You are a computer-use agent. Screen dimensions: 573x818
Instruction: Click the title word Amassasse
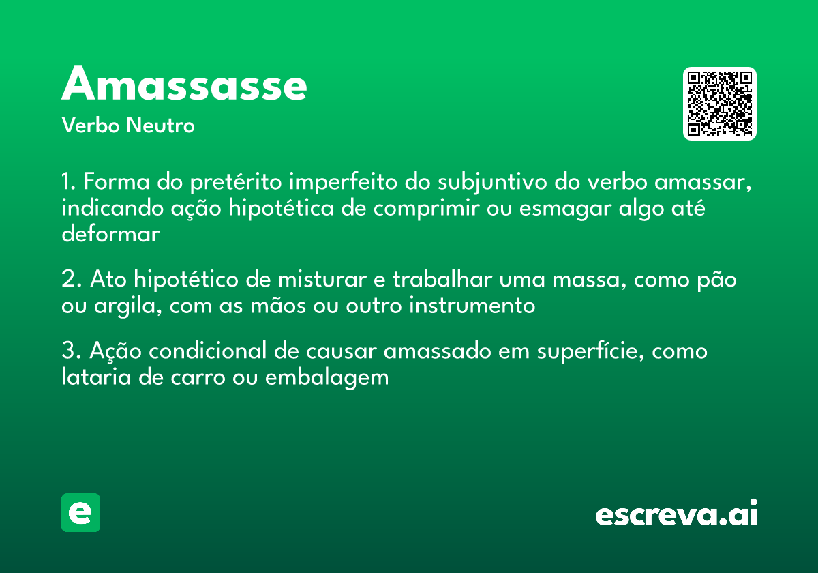coord(184,85)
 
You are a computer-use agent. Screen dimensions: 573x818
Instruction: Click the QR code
coord(720,104)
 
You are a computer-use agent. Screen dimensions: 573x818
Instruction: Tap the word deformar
coord(110,233)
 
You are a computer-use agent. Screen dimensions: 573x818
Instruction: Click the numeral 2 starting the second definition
coord(67,280)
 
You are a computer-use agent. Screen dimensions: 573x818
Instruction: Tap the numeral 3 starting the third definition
coord(67,352)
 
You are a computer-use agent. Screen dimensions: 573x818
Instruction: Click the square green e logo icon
coord(80,512)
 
